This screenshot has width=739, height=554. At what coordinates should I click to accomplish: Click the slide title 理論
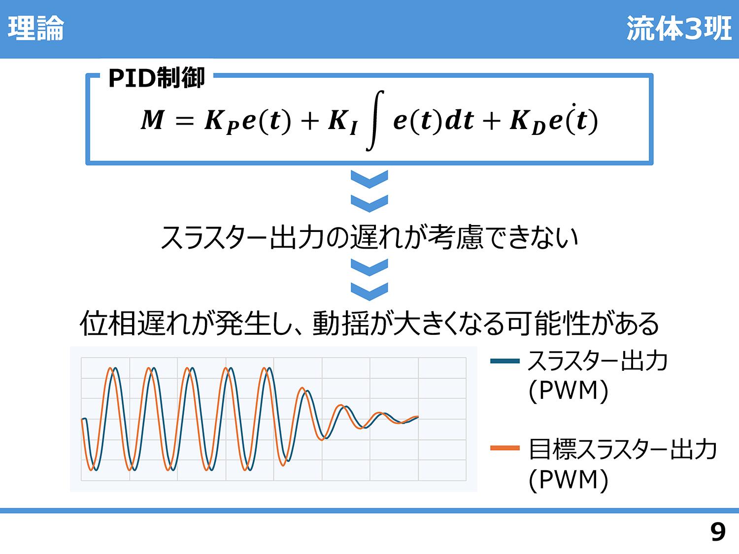pos(35,29)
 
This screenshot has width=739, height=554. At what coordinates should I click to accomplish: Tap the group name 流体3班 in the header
pos(679,29)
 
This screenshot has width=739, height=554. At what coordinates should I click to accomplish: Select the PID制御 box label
pos(157,77)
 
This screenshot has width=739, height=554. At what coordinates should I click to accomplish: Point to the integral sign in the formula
pos(375,121)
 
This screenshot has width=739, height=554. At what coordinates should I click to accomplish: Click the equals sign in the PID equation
pos(185,121)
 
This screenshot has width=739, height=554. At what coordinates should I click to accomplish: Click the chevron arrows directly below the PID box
pos(369,191)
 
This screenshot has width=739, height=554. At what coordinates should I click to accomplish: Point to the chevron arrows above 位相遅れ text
pos(369,279)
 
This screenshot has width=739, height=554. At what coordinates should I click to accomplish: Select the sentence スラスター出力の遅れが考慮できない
pos(369,237)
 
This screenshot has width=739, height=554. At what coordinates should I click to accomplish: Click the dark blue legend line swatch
pos(505,361)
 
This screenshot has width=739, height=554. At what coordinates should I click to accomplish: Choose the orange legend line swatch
pos(505,448)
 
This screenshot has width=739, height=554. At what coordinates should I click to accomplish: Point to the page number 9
pos(718,532)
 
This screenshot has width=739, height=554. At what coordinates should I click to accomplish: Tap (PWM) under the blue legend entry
pos(569,391)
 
